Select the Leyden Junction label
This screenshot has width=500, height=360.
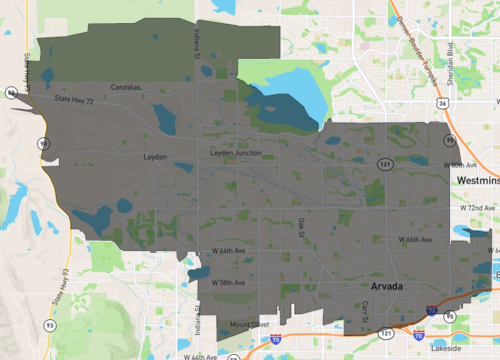tap(234, 152)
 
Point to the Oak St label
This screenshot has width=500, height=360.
tap(304, 227)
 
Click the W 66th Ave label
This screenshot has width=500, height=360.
tap(415, 240)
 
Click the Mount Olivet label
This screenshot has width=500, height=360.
tap(249, 325)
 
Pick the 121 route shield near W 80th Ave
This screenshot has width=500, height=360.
tap(386, 160)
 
